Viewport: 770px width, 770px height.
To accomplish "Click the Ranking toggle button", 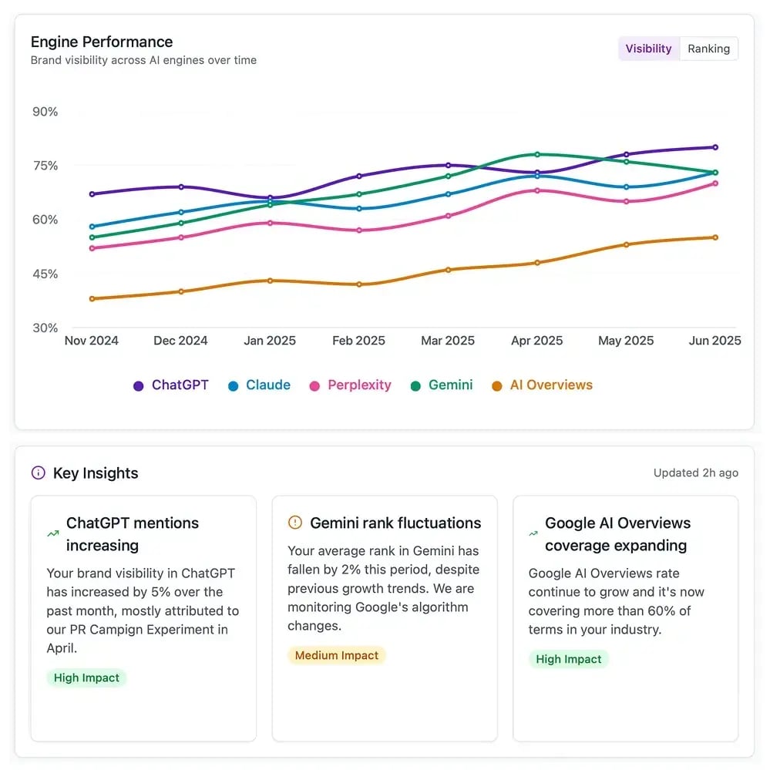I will (x=708, y=49).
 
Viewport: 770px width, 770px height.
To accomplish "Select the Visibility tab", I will (x=648, y=49).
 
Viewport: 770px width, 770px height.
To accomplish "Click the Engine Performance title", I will (x=102, y=42).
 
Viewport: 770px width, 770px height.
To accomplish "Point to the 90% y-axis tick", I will (x=45, y=112).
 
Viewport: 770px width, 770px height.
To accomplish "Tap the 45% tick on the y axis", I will (x=45, y=274).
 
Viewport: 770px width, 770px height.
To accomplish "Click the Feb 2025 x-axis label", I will (x=358, y=341).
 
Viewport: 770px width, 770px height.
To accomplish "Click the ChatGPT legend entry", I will (x=171, y=385).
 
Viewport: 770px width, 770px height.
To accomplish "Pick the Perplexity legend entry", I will (x=351, y=385).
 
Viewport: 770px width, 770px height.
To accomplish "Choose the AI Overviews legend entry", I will (x=543, y=385).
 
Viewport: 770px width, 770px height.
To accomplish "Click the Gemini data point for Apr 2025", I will (x=537, y=154).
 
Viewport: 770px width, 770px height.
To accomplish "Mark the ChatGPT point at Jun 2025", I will (x=715, y=147).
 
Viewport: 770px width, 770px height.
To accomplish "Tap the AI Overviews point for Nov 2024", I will (x=92, y=298).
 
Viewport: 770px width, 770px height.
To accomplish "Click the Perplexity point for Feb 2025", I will (x=359, y=230).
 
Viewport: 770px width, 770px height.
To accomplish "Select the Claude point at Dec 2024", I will (x=181, y=212).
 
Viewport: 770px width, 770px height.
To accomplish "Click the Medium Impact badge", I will (x=336, y=655).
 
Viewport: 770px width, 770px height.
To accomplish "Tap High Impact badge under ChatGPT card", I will (x=86, y=678).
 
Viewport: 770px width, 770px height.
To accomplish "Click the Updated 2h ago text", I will (x=695, y=472).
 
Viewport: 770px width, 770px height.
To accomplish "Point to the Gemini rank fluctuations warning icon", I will (x=294, y=523).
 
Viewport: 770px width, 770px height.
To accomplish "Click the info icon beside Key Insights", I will (x=38, y=473).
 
